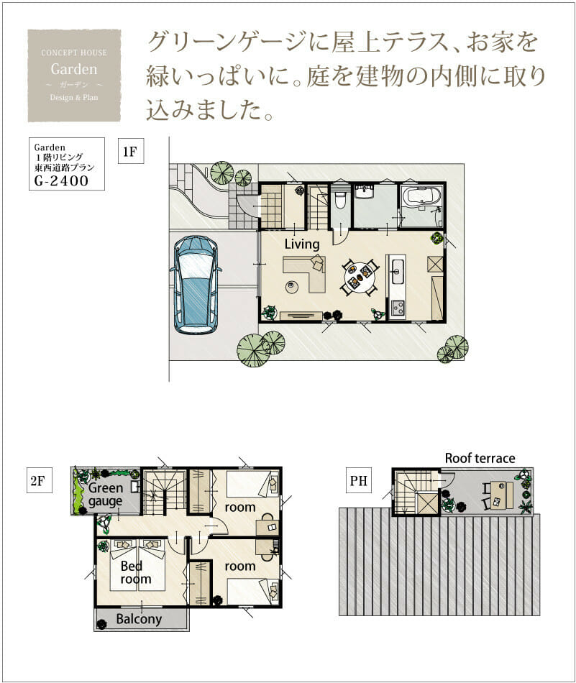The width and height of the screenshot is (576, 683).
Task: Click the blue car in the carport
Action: pyautogui.click(x=196, y=285)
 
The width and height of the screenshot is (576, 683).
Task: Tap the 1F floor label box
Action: pyautogui.click(x=131, y=151)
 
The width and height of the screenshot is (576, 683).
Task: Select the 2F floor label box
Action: pyautogui.click(x=38, y=480)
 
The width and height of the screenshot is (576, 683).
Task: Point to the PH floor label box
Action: pyautogui.click(x=359, y=480)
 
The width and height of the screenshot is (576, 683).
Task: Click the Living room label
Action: pyautogui.click(x=302, y=244)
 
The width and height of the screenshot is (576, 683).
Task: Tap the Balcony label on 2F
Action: pyautogui.click(x=139, y=619)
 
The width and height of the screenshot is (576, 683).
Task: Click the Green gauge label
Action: pyautogui.click(x=106, y=495)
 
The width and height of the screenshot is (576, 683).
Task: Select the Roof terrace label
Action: pyautogui.click(x=480, y=458)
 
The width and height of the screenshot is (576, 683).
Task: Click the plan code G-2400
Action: pyautogui.click(x=61, y=180)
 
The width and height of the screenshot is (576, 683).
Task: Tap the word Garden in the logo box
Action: pyautogui.click(x=74, y=69)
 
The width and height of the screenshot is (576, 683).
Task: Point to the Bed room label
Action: pyautogui.click(x=136, y=572)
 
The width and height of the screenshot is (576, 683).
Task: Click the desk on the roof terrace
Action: pyautogui.click(x=501, y=495)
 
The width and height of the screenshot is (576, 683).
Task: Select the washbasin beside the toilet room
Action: pyautogui.click(x=364, y=192)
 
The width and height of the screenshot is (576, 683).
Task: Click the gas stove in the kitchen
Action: pyautogui.click(x=398, y=308)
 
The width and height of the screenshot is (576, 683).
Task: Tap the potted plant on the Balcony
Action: pyautogui.click(x=101, y=624)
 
